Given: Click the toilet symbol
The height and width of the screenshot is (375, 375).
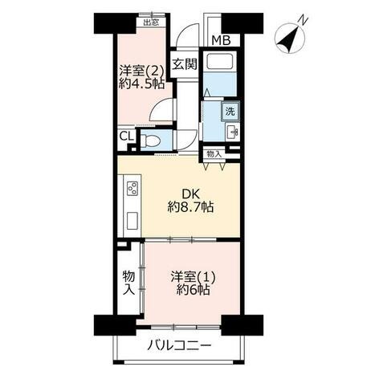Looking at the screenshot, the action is coord(150,140).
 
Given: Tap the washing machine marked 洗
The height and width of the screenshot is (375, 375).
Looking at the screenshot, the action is coord(230,111).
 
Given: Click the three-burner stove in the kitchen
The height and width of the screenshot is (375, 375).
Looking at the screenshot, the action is coord(132,189).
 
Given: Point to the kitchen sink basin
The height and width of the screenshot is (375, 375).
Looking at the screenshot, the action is coord(132,221).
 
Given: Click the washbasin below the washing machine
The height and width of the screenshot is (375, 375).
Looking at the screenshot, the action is coord(232,132).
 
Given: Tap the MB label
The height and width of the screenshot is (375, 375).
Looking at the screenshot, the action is coord(221,41).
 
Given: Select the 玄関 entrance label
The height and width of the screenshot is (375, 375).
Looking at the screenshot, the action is coord(185,64).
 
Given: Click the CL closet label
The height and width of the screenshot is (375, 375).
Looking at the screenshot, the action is coord(126,137).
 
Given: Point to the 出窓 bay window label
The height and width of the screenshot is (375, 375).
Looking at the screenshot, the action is coord(151,22).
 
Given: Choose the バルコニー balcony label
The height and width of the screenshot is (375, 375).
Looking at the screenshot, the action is coord(179,345).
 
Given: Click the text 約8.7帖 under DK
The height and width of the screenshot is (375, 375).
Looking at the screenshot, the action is coord(190,206).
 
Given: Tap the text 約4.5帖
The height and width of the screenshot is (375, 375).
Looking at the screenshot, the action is coord(141,84).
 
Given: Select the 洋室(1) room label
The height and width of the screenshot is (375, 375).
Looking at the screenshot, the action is coord(193,277).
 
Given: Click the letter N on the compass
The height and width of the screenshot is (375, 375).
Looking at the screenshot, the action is coord(304,20).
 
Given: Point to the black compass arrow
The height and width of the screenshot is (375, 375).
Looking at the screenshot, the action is coord(289,39).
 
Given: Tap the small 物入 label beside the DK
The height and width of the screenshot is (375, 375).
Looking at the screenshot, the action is coord(214,154).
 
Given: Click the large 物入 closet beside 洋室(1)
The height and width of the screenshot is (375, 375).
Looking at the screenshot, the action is coord(128,283).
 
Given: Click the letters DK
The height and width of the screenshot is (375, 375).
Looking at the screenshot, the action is coord(190,194).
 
